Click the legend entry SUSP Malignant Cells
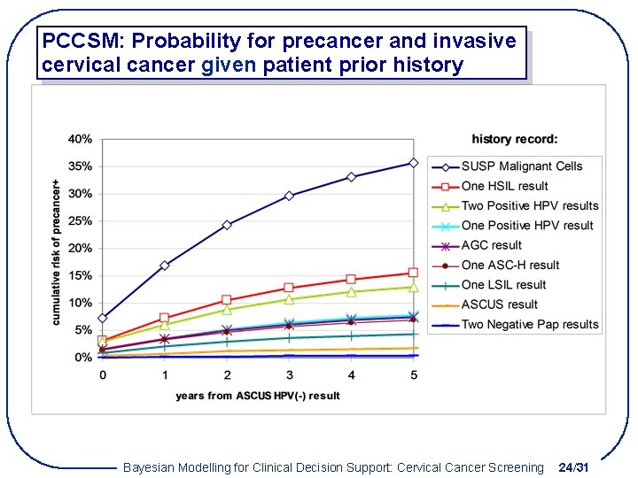[522, 166]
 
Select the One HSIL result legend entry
[504, 186]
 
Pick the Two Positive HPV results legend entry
[530, 206]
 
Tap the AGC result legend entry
[492, 245]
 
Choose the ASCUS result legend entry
[499, 305]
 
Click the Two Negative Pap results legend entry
[530, 324]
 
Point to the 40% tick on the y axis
[81, 139]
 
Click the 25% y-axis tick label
[81, 221]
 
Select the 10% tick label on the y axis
[81, 303]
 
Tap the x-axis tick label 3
[289, 375]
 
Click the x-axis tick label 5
[413, 375]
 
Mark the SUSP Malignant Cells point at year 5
[413, 163]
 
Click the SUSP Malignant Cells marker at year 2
[227, 225]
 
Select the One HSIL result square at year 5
[413, 273]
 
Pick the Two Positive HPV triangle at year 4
[351, 291]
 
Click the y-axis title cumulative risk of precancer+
[58, 252]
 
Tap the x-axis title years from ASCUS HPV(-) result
[258, 396]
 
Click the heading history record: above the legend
[515, 139]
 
